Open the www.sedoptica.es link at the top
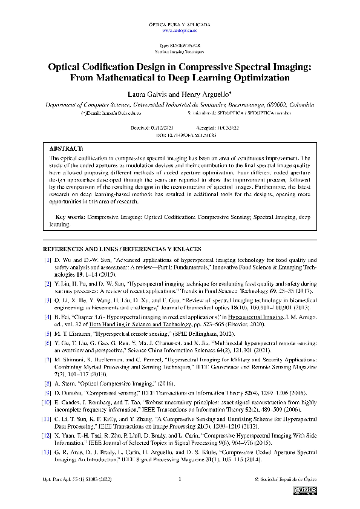coord(180,30)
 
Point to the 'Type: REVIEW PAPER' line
coord(180,46)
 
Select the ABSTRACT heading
coord(67,148)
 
